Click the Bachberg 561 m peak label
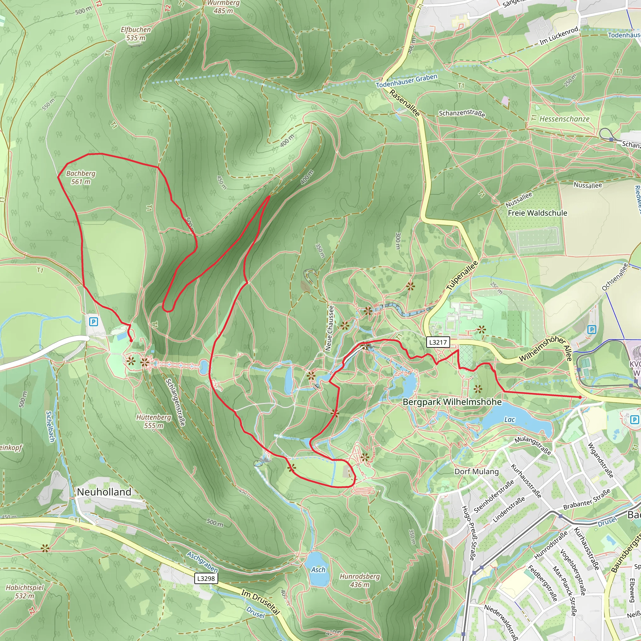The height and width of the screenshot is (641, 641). pyautogui.click(x=81, y=177)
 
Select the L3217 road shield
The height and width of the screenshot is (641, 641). pyautogui.click(x=438, y=342)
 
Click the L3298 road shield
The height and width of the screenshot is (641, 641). pyautogui.click(x=206, y=579)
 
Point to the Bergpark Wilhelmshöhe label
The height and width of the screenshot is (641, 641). pyautogui.click(x=452, y=402)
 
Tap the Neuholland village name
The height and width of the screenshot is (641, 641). pyautogui.click(x=104, y=492)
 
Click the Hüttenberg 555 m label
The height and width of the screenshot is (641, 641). pyautogui.click(x=154, y=421)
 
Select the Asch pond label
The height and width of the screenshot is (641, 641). pyautogui.click(x=318, y=570)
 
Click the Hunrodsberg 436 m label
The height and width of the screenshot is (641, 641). pyautogui.click(x=360, y=580)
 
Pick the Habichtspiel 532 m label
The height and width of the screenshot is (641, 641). pyautogui.click(x=25, y=592)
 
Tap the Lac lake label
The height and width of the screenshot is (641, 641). pyautogui.click(x=509, y=420)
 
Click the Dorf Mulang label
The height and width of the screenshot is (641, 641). pyautogui.click(x=476, y=472)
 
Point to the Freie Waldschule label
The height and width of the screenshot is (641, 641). pyautogui.click(x=537, y=213)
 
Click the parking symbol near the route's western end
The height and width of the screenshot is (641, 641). pyautogui.click(x=94, y=321)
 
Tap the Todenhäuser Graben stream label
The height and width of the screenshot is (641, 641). pyautogui.click(x=407, y=81)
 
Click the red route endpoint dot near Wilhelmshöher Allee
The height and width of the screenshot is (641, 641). pyautogui.click(x=580, y=397)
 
